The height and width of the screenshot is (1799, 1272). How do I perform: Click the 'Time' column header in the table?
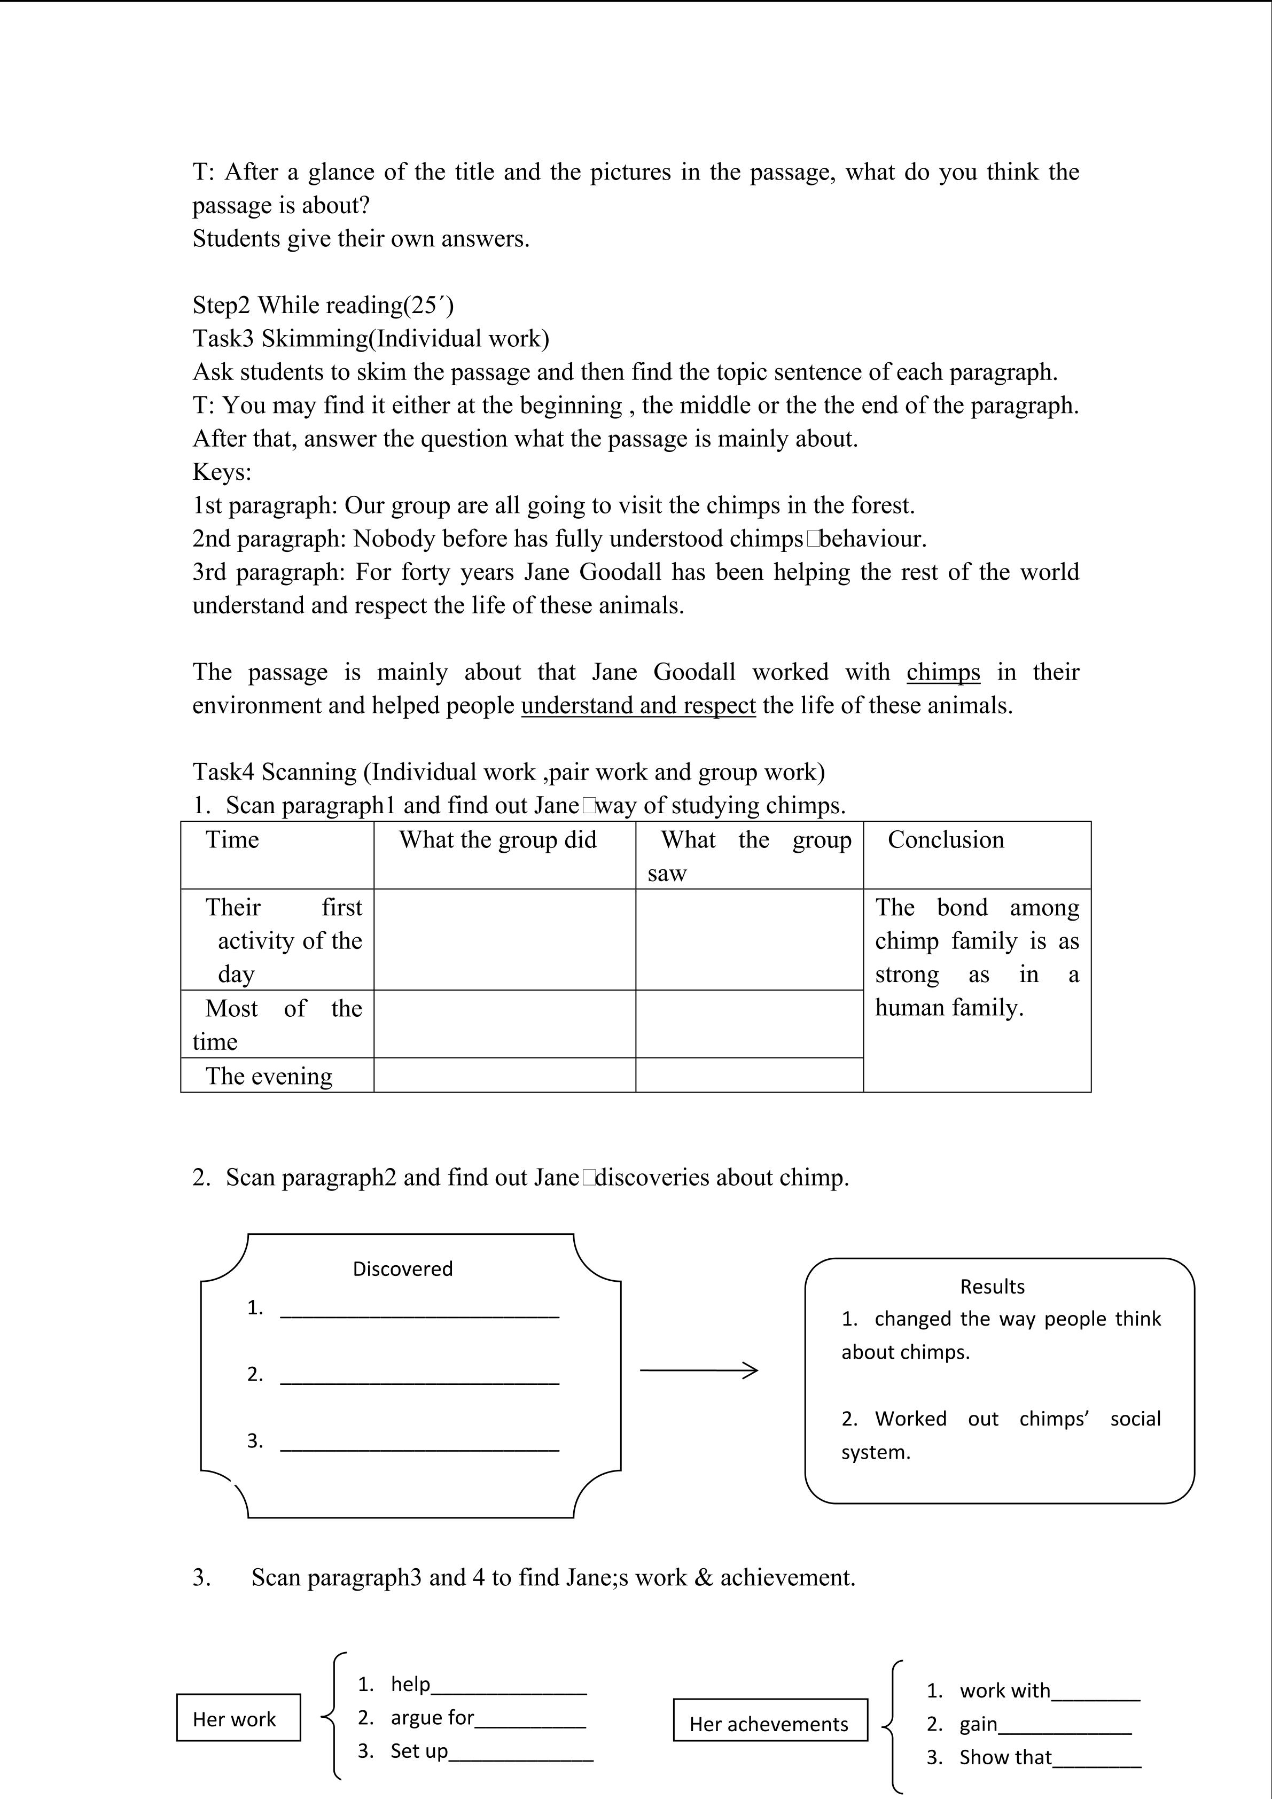pos(232,840)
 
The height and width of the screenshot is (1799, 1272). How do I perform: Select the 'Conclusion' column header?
pos(946,840)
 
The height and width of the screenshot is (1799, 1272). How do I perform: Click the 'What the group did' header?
pos(498,840)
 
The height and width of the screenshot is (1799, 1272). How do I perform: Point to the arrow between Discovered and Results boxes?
pos(699,1370)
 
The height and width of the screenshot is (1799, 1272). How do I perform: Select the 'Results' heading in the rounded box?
pos(992,1287)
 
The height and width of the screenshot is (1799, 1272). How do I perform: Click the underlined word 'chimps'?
pos(943,672)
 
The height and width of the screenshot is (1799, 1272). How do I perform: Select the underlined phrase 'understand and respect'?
pos(638,706)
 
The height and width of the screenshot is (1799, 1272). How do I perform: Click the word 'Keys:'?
pos(222,472)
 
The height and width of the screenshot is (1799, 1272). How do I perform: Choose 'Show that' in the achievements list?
pos(1005,1757)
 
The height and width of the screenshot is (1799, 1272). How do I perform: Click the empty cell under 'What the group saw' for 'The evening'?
pos(749,1075)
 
